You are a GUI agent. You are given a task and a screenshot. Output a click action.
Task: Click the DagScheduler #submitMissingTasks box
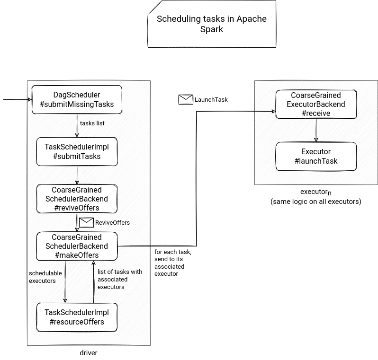[77, 99]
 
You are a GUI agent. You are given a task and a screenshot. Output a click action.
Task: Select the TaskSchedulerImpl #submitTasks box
[77, 151]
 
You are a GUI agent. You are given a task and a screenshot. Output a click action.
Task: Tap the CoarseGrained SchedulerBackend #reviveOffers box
[77, 199]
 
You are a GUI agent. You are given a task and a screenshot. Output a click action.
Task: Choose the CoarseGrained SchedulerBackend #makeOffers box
[77, 246]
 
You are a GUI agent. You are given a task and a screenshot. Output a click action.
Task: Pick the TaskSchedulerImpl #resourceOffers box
[77, 317]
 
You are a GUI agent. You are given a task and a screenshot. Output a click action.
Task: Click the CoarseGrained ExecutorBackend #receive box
[316, 104]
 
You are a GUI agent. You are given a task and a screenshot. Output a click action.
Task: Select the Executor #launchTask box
[316, 156]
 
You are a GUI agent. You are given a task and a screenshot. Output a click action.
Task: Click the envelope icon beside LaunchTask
[186, 99]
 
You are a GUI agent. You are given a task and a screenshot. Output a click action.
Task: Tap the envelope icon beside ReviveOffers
[86, 222]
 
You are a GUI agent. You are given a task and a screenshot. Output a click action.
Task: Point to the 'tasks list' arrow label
[92, 123]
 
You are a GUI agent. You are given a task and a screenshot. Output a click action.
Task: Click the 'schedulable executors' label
[45, 277]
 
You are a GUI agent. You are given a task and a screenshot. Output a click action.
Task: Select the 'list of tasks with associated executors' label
[120, 279]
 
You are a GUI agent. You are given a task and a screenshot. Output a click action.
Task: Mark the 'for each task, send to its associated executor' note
[173, 263]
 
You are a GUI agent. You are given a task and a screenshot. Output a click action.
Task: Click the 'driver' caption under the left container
[89, 353]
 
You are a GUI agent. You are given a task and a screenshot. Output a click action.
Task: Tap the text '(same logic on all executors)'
[316, 202]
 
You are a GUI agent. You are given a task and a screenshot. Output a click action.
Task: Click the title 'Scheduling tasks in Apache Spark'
[212, 24]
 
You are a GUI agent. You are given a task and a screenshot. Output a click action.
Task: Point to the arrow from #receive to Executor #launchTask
[316, 130]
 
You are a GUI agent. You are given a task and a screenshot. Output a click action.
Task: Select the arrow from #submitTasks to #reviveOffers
[77, 175]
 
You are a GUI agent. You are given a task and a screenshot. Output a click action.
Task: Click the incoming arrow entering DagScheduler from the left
[18, 99]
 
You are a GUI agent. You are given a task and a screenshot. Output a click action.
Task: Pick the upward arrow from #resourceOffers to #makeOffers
[93, 282]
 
